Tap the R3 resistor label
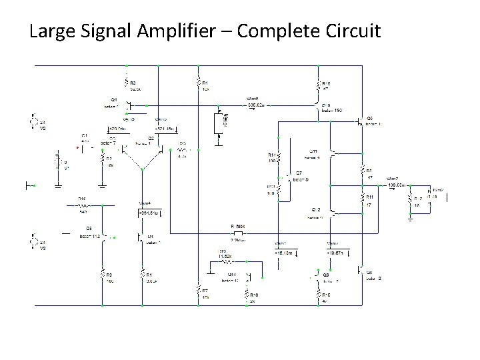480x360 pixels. tap(133, 82)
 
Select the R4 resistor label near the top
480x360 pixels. tap(206, 82)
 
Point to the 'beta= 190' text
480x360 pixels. tap(331, 110)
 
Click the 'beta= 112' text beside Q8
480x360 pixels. tap(89, 235)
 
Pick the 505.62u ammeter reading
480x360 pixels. tap(256, 105)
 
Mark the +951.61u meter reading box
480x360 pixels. tap(147, 213)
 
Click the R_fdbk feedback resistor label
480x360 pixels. tap(239, 227)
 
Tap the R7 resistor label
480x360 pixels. tap(205, 291)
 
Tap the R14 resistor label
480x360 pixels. tap(271, 155)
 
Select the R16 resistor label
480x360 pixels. tap(82, 199)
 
